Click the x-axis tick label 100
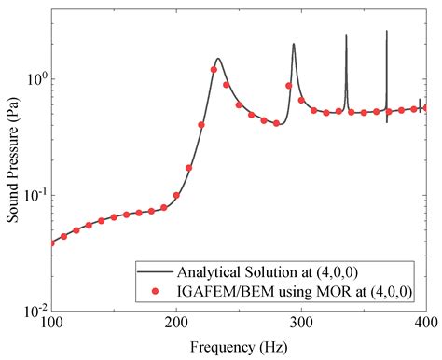(51, 322)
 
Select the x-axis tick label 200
(176, 322)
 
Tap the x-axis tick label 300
(301, 322)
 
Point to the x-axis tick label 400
(425, 322)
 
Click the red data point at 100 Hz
(51, 242)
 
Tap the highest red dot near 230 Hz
(214, 70)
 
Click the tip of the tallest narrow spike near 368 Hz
(387, 30)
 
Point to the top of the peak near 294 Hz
(293, 44)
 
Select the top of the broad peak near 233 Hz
(217, 58)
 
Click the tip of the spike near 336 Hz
(346, 35)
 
